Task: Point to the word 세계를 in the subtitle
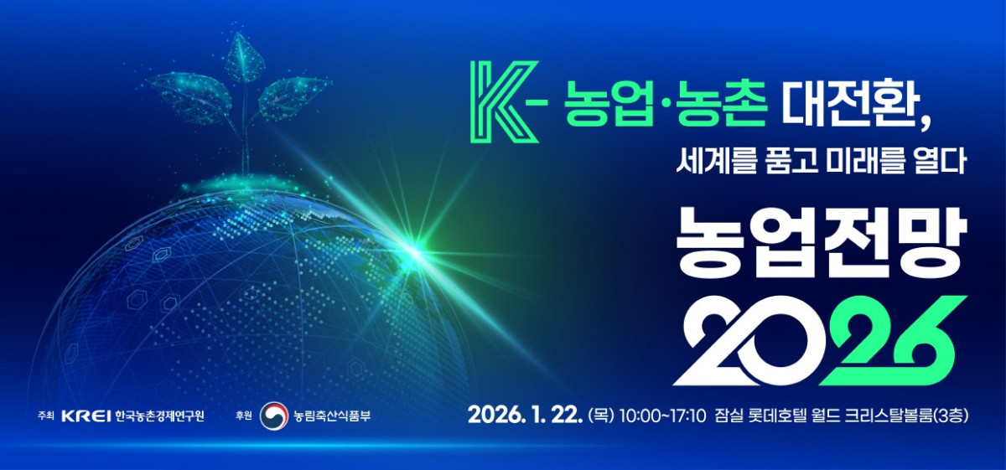713,159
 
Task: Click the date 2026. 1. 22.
525,415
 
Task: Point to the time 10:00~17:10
662,415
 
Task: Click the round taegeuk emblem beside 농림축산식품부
273,415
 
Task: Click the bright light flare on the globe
413,247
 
